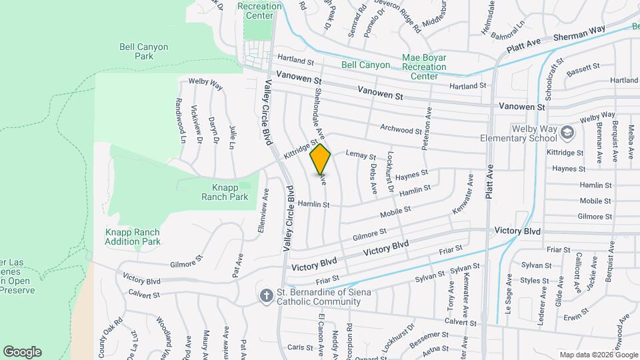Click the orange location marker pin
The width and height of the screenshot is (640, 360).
click(321, 159)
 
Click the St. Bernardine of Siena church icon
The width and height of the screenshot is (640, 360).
click(265, 296)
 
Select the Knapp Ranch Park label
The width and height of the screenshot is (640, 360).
click(225, 192)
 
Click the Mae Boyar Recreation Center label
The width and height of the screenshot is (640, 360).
click(424, 67)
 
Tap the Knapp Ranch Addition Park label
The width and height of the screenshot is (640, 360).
click(133, 237)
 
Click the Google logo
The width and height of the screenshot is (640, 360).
click(22, 351)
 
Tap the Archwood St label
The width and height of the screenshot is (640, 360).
click(401, 129)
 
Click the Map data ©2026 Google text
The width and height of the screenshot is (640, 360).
click(597, 355)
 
